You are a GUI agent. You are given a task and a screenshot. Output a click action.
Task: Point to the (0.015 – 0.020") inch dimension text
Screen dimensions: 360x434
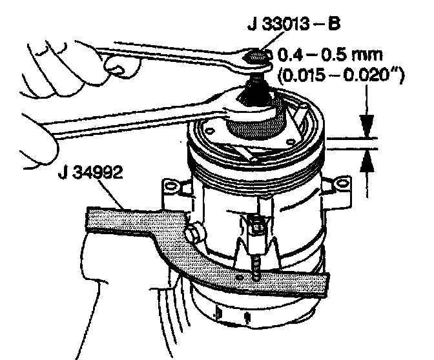(340, 76)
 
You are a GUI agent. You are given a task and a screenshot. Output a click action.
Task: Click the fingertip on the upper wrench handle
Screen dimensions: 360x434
(116, 65)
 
